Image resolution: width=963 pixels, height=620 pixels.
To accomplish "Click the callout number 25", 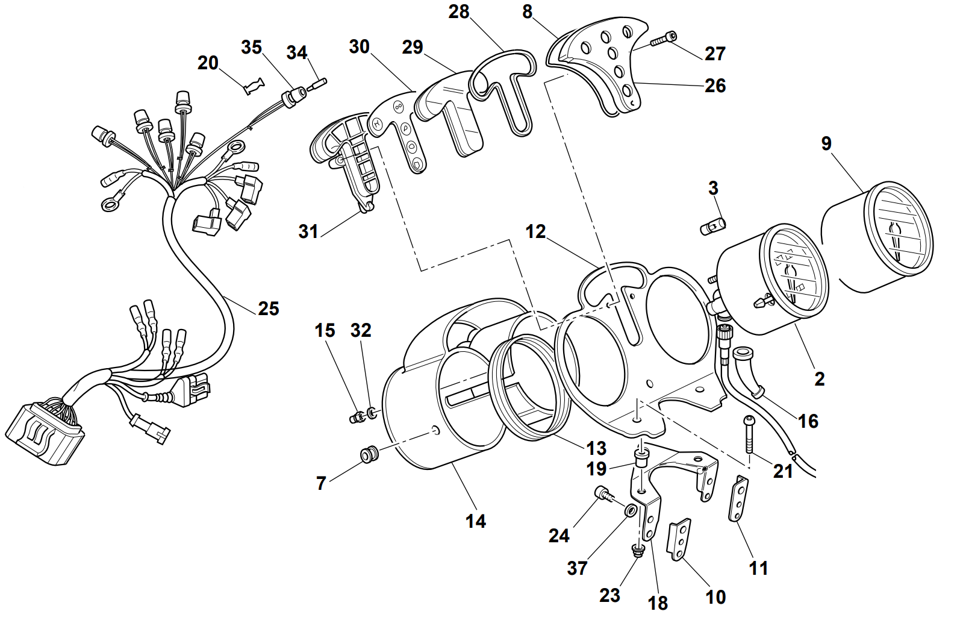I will [x=269, y=308].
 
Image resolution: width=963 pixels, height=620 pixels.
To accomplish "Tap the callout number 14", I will [x=475, y=521].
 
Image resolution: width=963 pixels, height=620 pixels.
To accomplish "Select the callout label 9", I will [x=826, y=143].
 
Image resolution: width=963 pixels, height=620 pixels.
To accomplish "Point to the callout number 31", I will [x=308, y=231].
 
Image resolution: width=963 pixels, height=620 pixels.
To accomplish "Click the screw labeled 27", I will [x=662, y=40].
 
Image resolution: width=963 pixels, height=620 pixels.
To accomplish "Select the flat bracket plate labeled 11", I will [x=738, y=498].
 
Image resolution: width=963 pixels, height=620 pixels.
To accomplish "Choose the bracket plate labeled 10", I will [x=680, y=539].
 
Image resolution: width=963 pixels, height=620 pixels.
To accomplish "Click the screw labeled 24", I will [x=603, y=494].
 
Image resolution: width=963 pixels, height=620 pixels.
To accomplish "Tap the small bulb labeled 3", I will [x=713, y=227].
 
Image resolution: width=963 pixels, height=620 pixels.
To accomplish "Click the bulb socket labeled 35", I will [x=295, y=96].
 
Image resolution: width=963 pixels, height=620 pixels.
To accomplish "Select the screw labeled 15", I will [x=357, y=416].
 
